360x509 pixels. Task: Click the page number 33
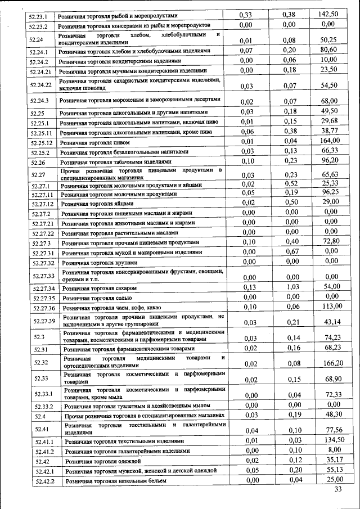(x=338, y=489)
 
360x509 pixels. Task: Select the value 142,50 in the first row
(x=328, y=14)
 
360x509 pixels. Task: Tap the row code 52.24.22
(x=41, y=84)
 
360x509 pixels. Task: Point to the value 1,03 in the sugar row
(x=289, y=287)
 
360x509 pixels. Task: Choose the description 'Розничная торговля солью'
(x=94, y=298)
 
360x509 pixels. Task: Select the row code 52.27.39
(x=44, y=321)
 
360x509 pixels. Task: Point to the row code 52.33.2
(x=44, y=406)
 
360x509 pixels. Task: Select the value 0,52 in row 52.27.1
(x=289, y=183)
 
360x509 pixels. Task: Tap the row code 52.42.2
(x=44, y=481)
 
